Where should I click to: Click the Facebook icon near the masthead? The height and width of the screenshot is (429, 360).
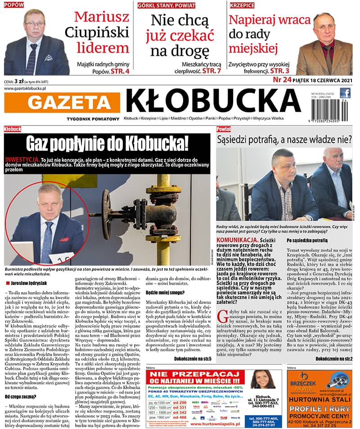pyautogui.click(x=345, y=93)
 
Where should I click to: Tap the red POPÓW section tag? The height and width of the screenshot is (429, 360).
pyautogui.click(x=13, y=5)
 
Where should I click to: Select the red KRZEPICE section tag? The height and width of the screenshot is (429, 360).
pyautogui.click(x=242, y=5)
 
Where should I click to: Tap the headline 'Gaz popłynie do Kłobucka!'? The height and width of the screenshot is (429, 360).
pyautogui.click(x=107, y=144)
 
